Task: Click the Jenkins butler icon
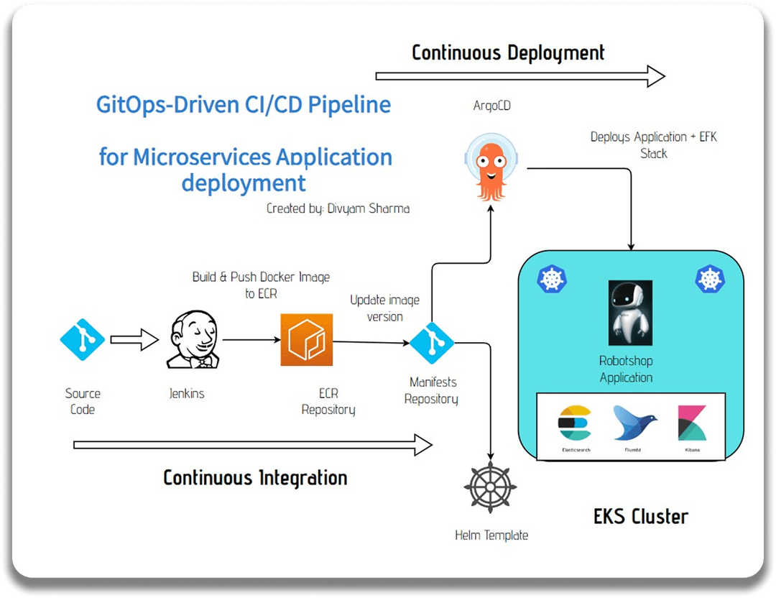[193, 339]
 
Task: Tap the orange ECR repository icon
[306, 339]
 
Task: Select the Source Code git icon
[82, 339]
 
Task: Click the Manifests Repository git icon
[432, 343]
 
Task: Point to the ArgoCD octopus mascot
[491, 167]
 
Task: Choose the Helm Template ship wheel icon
[490, 487]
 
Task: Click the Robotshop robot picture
[630, 313]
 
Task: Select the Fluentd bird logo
[634, 423]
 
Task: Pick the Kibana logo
[693, 423]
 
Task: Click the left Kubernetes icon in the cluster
[552, 279]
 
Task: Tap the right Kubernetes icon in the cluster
[710, 279]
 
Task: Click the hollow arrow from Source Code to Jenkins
[134, 339]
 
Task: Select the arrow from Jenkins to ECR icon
[251, 339]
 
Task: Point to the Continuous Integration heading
[255, 478]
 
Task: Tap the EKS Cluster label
[641, 517]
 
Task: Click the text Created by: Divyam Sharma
[338, 208]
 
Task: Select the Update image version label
[384, 308]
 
